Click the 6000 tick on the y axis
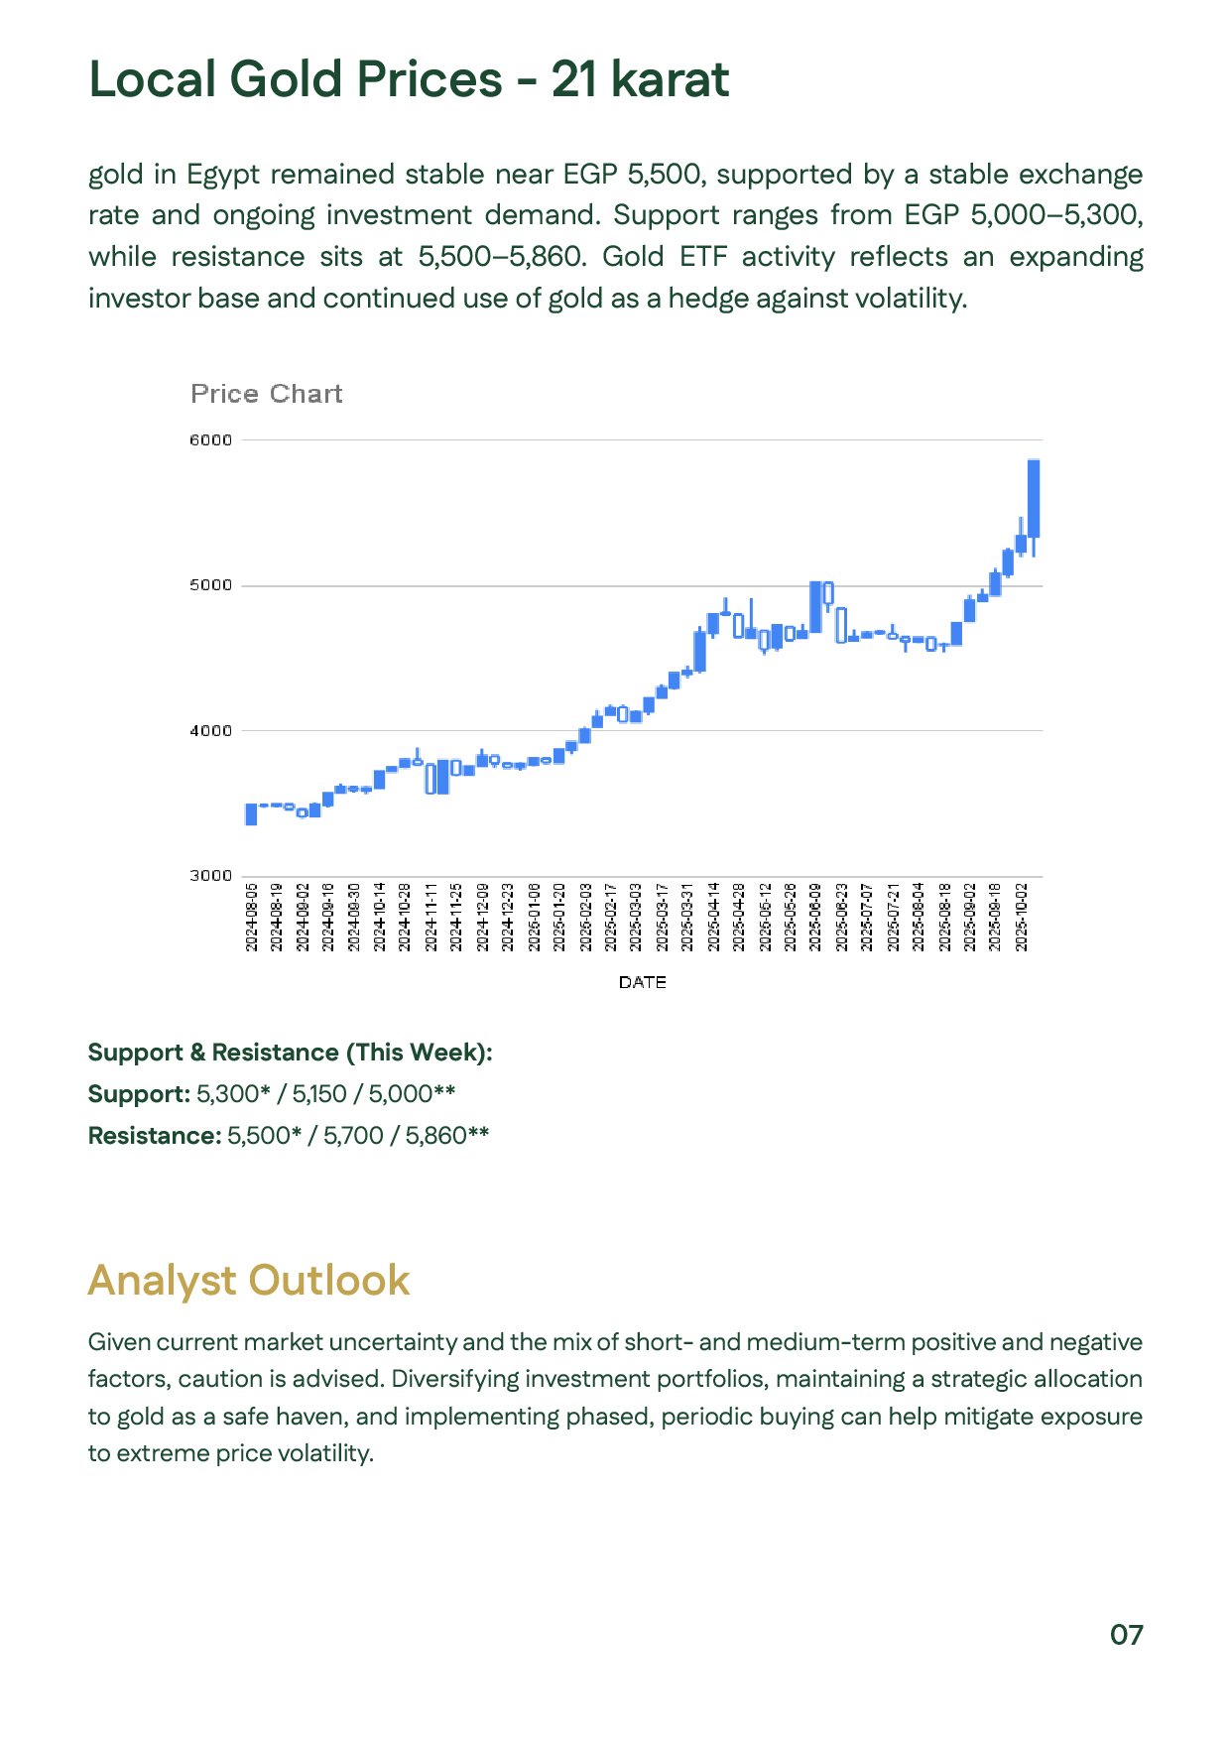(x=210, y=440)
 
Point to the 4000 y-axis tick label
(x=210, y=731)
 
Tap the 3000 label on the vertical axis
(x=210, y=876)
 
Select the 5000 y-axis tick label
(x=210, y=585)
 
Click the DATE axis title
(x=642, y=982)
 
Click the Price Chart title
(x=266, y=394)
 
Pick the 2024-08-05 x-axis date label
(x=252, y=917)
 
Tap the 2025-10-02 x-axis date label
(x=1022, y=917)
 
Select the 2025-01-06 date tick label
(x=535, y=917)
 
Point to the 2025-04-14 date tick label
(x=714, y=917)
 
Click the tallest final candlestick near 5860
(x=1034, y=498)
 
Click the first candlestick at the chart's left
(x=251, y=814)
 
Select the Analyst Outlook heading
(x=248, y=1280)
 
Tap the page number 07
(x=1126, y=1635)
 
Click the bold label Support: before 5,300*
(x=139, y=1094)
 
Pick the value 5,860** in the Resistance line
(x=446, y=1136)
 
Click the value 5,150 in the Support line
(x=319, y=1094)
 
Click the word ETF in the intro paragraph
(x=703, y=257)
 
